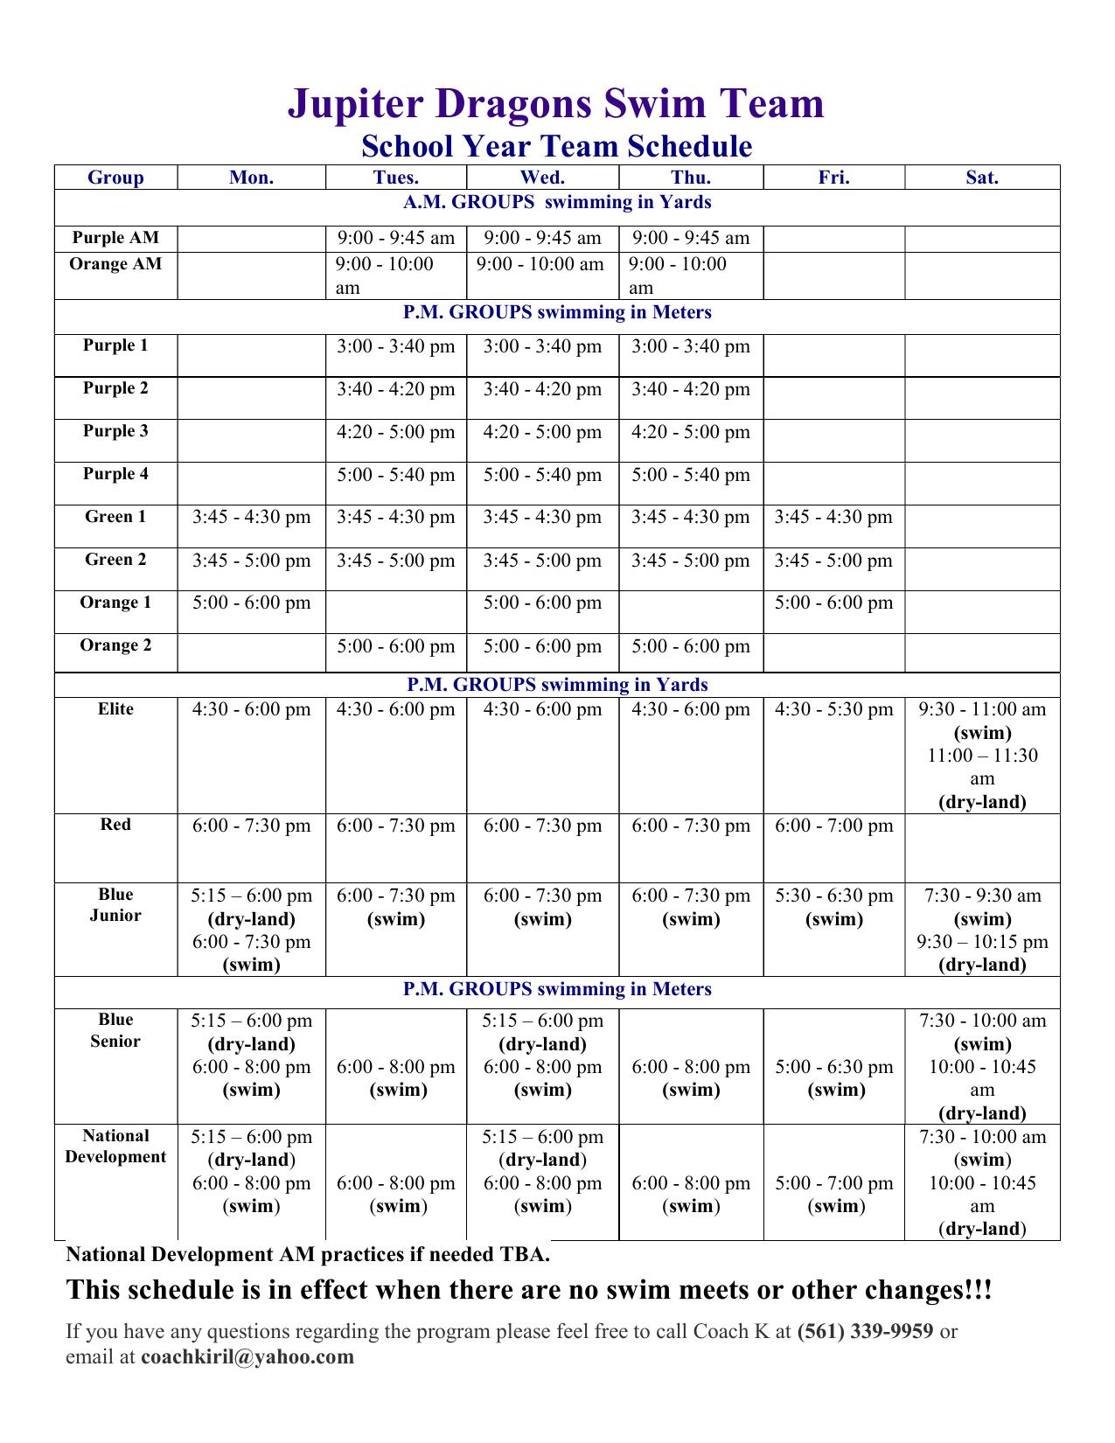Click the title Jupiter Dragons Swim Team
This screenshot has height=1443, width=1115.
(x=556, y=103)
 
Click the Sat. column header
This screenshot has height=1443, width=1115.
(x=982, y=178)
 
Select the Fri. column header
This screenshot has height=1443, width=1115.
(x=833, y=178)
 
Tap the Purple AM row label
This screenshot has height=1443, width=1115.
(x=115, y=238)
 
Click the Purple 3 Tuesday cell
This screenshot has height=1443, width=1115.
(x=396, y=432)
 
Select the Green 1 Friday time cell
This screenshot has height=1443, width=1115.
(x=833, y=517)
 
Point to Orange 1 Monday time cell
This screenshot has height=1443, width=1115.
(x=252, y=603)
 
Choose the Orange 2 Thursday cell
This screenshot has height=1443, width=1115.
(x=691, y=646)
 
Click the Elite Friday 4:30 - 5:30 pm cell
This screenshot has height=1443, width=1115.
(x=833, y=709)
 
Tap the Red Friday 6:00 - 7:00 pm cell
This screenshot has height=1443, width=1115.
(x=833, y=826)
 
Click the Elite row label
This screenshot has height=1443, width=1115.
(x=115, y=709)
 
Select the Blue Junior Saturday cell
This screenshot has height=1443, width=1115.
(x=982, y=930)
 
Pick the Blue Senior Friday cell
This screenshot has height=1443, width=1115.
(x=833, y=1078)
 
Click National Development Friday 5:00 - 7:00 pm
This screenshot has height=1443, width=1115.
(x=833, y=1195)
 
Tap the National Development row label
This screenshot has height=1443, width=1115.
(x=115, y=1147)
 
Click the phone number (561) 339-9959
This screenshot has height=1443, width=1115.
(x=866, y=1332)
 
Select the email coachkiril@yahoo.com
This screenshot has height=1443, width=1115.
(x=247, y=1356)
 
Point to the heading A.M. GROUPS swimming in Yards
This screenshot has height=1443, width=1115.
(x=557, y=202)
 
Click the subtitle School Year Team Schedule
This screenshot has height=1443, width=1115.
(x=557, y=146)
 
